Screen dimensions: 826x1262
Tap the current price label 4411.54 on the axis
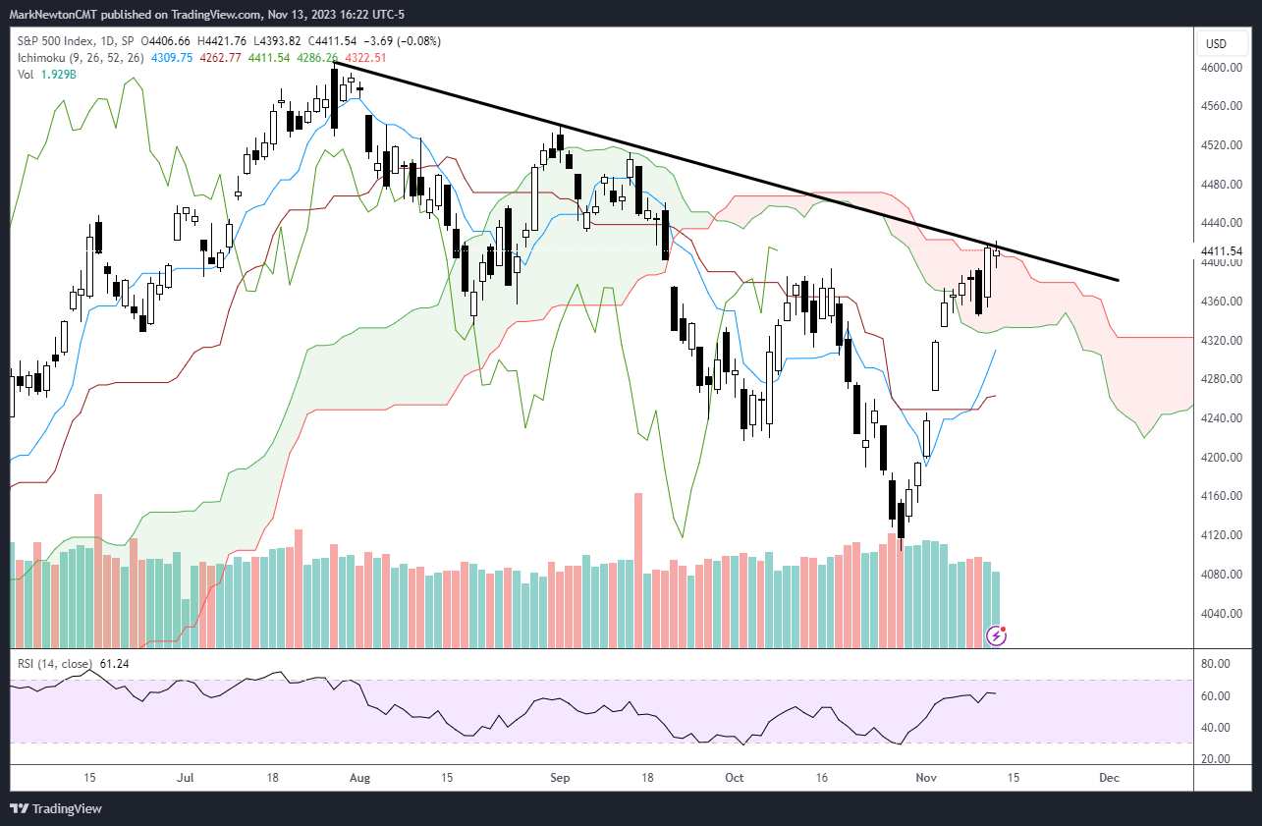[1220, 251]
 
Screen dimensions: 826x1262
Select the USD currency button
[1216, 43]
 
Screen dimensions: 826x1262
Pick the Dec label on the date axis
[1109, 778]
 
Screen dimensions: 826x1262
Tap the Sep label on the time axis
[560, 778]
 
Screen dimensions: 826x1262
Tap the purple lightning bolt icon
[996, 636]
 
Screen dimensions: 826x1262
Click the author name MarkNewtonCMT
[60, 15]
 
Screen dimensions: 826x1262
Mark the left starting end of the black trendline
[335, 61]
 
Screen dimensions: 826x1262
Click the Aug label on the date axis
[360, 778]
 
